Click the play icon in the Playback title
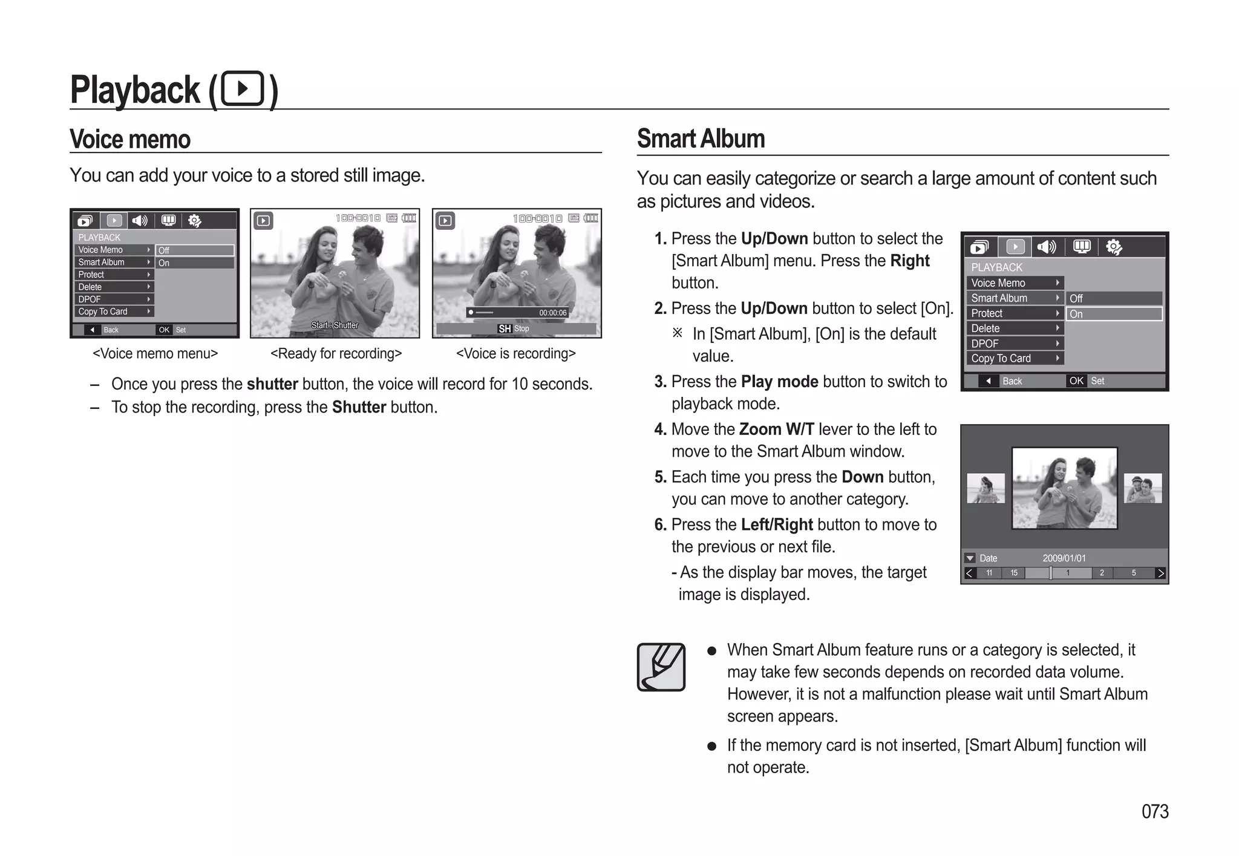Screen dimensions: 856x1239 (x=243, y=89)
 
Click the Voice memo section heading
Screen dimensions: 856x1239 (x=130, y=139)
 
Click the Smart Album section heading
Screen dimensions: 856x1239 (x=701, y=139)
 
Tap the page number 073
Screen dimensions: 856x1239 (x=1154, y=811)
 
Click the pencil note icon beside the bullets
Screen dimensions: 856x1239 (x=661, y=667)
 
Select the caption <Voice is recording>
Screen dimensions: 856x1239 (x=515, y=353)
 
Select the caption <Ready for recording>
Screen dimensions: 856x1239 (x=336, y=353)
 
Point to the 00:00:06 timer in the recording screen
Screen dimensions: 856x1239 (x=552, y=313)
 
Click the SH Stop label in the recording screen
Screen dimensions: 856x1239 (x=513, y=328)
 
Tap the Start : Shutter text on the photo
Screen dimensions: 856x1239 (x=335, y=325)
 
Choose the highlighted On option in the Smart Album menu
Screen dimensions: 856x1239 (x=1113, y=314)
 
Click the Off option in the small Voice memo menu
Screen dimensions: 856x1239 (x=194, y=250)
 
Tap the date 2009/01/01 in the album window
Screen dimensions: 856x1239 (x=1064, y=558)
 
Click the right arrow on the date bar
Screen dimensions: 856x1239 (x=1160, y=573)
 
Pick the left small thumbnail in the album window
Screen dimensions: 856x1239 (x=986, y=488)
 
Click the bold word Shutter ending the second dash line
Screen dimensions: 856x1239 (x=359, y=407)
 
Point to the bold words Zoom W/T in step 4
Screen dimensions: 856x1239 (x=776, y=429)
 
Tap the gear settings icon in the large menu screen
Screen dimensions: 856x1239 (x=1113, y=247)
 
